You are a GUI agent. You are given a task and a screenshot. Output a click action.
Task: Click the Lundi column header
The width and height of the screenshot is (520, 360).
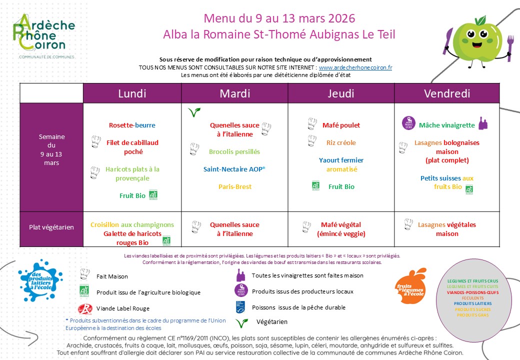[132, 93]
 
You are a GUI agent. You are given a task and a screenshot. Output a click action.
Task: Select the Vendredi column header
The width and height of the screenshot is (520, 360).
[446, 93]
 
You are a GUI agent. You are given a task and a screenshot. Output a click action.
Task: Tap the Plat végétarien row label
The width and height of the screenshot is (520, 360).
[51, 227]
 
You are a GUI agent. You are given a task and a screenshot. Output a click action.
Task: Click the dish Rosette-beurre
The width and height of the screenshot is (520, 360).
[132, 125]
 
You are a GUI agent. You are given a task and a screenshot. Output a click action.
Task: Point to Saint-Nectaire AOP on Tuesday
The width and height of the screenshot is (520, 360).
[234, 169]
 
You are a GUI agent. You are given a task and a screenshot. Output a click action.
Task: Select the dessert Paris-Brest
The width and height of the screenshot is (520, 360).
[235, 186]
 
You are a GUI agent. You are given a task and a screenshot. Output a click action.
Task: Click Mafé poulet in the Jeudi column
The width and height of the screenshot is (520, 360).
[341, 125]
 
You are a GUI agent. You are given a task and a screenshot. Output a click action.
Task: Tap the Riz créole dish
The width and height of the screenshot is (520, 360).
[341, 142]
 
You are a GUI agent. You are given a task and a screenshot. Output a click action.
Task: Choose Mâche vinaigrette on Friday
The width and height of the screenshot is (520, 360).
[446, 125]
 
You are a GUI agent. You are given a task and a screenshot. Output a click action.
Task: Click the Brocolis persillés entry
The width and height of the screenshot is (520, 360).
[234, 151]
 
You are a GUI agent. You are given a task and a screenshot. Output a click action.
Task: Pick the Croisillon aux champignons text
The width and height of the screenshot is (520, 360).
[132, 225]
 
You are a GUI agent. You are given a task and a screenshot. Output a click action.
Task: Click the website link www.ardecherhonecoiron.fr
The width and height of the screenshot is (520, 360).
[355, 67]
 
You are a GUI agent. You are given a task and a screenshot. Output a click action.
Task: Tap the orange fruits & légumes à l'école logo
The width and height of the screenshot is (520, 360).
[410, 285]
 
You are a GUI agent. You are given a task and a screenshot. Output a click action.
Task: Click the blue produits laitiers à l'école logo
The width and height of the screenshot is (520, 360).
[41, 281]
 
